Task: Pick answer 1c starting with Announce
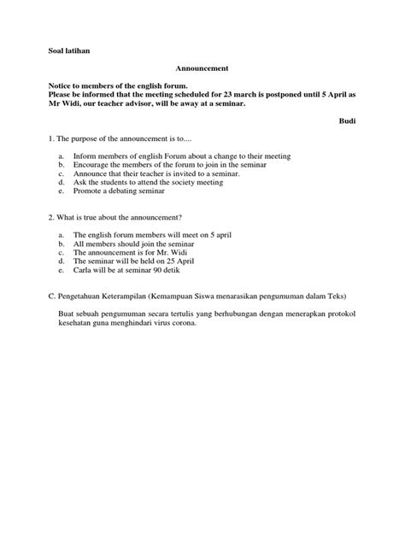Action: [156, 173]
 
